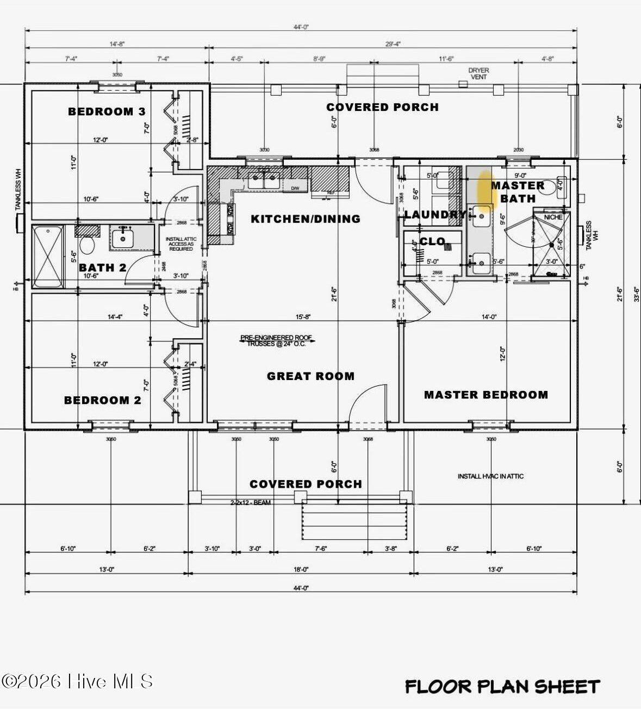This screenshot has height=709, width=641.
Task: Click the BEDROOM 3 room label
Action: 107,111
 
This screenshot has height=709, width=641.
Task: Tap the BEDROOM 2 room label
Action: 103,400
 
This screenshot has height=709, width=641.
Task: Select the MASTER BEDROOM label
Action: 486,395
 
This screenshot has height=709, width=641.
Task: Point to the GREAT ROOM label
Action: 310,376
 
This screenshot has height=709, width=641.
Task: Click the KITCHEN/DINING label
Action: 306,219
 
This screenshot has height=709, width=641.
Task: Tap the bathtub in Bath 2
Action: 48,257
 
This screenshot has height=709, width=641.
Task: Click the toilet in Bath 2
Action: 87,243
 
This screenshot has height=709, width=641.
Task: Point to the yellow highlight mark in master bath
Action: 483,188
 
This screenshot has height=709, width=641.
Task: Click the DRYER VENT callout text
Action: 478,73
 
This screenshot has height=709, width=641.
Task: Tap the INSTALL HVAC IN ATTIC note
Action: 490,476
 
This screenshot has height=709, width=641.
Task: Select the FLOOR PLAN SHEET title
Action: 502,686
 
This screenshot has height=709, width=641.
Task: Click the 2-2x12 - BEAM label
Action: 250,502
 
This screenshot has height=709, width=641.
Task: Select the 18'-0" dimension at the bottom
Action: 301,569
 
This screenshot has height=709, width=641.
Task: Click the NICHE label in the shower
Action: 553,217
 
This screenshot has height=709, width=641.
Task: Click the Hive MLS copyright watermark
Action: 77,681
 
